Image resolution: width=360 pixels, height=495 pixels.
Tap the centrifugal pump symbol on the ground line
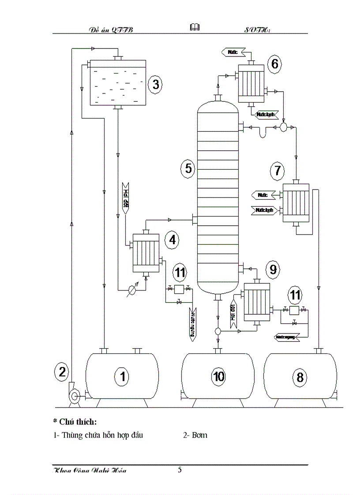(x=74, y=395)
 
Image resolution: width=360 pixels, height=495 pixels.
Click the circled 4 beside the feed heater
(x=172, y=239)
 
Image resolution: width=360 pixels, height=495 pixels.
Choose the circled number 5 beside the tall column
(x=188, y=168)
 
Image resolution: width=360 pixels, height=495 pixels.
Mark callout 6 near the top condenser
(x=274, y=64)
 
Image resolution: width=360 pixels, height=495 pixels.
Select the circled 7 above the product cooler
(x=277, y=170)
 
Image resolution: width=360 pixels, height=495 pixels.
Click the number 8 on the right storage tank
(x=300, y=377)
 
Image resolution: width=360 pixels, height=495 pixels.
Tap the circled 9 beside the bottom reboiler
(x=273, y=268)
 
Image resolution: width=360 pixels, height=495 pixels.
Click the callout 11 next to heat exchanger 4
(x=180, y=273)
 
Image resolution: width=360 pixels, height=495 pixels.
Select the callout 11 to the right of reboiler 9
(x=296, y=294)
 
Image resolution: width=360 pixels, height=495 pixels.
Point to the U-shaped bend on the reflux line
(x=264, y=133)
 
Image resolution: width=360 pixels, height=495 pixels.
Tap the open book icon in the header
(x=194, y=28)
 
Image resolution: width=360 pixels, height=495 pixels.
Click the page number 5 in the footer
(x=180, y=469)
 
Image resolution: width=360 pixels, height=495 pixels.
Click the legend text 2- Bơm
(x=195, y=435)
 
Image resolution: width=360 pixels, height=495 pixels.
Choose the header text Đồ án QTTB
(x=111, y=30)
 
